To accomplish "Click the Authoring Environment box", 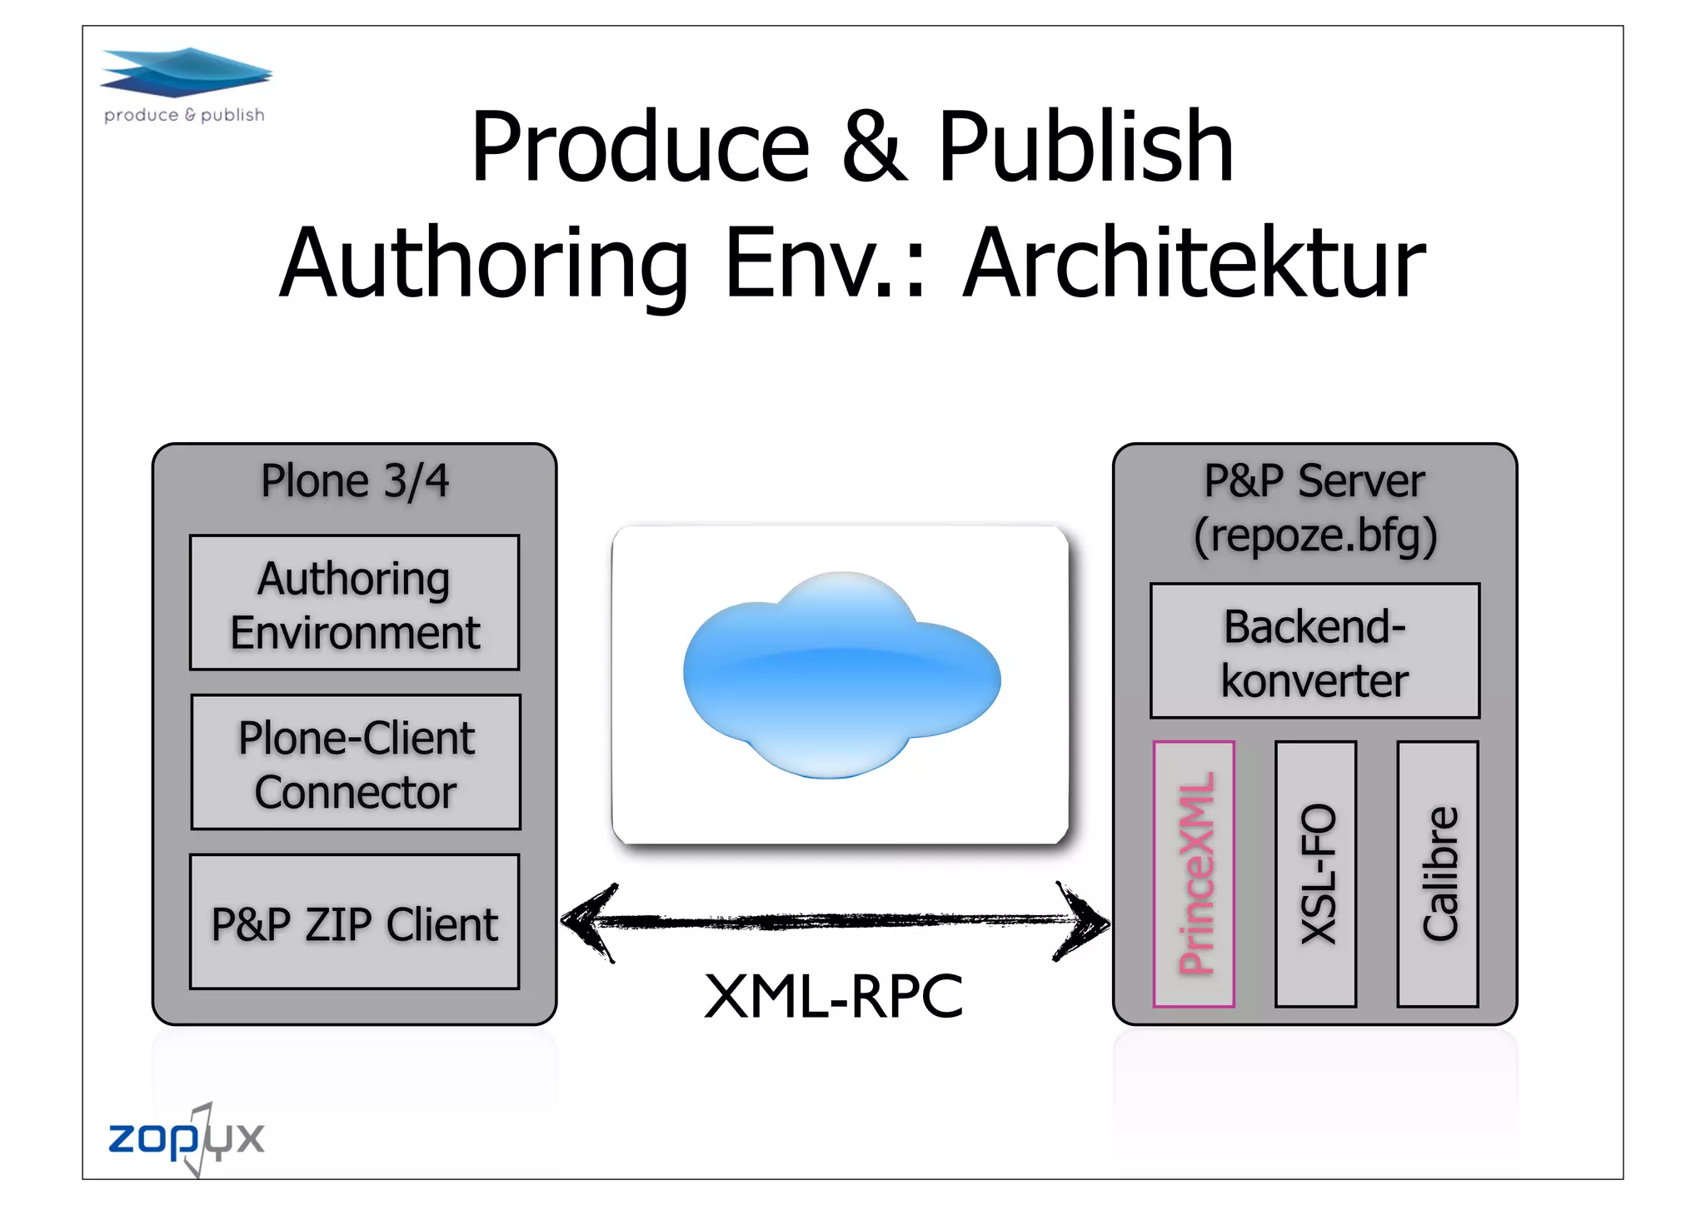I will [x=354, y=603].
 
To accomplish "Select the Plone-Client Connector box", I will [x=356, y=762].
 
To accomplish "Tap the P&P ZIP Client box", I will [x=354, y=923].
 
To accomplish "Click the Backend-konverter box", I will [x=1314, y=651].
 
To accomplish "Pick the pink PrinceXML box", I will [x=1194, y=874].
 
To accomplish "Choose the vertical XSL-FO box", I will [x=1315, y=874].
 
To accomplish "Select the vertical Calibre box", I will [x=1438, y=874].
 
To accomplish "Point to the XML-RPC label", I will [x=833, y=996].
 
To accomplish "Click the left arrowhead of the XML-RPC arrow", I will [x=587, y=922].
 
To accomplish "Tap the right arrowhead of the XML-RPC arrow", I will [x=1084, y=922].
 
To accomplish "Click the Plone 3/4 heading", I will [x=354, y=481].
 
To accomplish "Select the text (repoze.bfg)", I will [x=1314, y=535].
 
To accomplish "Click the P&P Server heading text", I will [x=1314, y=481].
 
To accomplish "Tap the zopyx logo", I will [x=186, y=1138].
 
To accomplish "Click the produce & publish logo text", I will [x=184, y=115].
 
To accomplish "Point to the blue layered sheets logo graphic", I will [x=186, y=72].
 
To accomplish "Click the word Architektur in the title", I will [x=1194, y=263].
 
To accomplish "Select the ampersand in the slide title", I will [x=872, y=147].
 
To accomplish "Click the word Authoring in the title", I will [x=484, y=263].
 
